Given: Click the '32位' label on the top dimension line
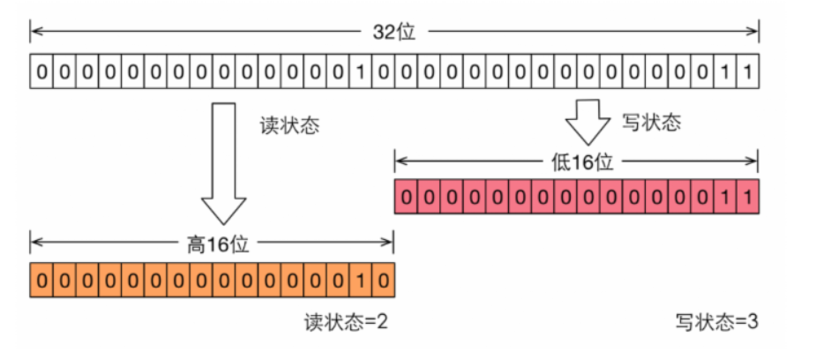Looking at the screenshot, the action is pos(394,33).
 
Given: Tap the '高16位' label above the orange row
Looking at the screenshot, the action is pos(218,244).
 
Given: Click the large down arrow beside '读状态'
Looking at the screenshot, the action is pos(223,163).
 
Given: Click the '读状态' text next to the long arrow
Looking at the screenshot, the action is pos(289,126).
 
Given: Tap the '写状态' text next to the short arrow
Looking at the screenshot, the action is pos(652,123).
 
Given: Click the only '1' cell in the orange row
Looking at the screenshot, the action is pos(361,280).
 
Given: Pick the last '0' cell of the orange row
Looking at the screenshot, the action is pos(384,280).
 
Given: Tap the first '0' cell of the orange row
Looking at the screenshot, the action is pos(41,280).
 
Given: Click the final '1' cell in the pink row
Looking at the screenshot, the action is pos(748,196).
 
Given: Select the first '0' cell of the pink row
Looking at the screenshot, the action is pos(407,196).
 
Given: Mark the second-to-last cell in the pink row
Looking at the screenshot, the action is pos(725,196).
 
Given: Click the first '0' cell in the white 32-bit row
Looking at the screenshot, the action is pos(41,71).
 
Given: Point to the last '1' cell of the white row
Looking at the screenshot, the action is pos(748,71).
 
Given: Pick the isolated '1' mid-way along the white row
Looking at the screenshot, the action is pos(361,71).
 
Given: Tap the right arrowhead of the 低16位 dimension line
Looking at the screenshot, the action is pos(753,161).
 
